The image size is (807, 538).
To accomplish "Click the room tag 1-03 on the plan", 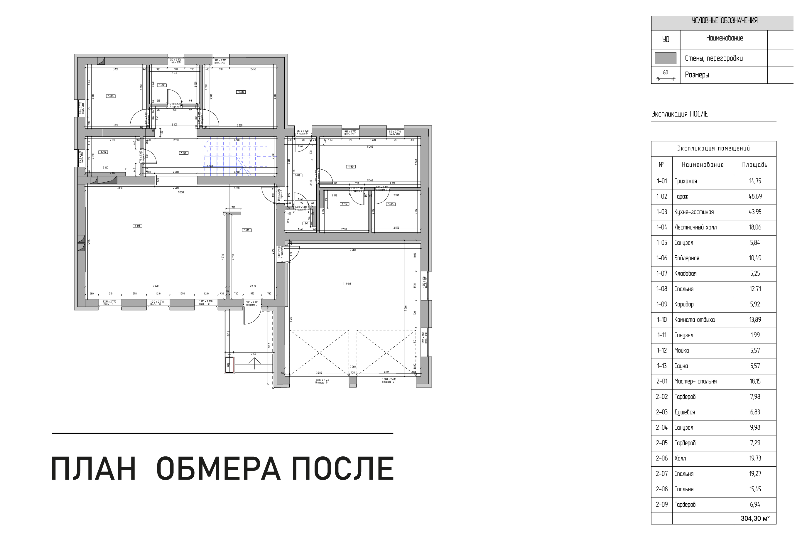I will click(137, 226).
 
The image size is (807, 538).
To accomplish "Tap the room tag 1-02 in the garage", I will click(348, 284).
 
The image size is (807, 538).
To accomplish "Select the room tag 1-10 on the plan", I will click(351, 167).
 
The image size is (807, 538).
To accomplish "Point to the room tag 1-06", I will click(110, 96).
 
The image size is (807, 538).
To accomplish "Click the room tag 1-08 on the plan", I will click(241, 92).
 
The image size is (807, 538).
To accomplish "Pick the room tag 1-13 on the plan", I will click(391, 204).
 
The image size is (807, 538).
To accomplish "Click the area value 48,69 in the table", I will click(755, 197).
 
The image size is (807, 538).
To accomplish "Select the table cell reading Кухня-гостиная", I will click(694, 212).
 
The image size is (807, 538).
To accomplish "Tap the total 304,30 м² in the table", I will click(755, 518).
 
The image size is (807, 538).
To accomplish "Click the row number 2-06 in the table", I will click(661, 458).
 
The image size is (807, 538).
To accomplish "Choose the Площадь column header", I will click(754, 165).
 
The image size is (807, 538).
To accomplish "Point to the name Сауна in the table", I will click(681, 366).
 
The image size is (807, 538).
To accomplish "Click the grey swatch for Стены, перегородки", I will click(665, 58).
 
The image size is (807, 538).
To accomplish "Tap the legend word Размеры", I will click(697, 75).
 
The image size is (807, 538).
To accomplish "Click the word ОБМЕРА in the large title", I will click(218, 469).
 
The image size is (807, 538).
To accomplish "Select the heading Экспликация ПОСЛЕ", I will click(679, 114).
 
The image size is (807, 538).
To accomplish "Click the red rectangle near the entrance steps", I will click(229, 364).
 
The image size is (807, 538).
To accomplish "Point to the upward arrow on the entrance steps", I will click(254, 363).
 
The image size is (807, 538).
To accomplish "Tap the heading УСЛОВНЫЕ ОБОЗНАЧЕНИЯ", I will click(724, 21).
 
